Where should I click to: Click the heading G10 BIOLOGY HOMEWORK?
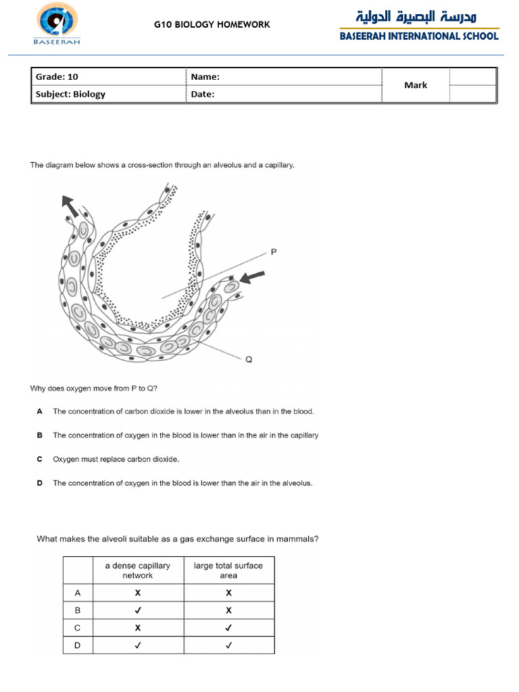pos(212,24)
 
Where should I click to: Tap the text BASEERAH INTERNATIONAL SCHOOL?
pos(419,36)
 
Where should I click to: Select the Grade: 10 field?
pos(57,77)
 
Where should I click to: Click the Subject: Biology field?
pos(70,94)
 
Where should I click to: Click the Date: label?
pos(202,94)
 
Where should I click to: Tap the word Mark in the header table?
pos(416,85)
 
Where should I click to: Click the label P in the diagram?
pos(274,252)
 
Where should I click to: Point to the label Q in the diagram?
pos(249,360)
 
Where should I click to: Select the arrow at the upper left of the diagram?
pos(69,205)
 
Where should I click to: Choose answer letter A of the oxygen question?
pos(40,411)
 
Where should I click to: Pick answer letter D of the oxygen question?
pos(40,483)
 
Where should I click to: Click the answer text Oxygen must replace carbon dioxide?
pos(116,459)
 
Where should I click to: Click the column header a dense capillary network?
pos(138,570)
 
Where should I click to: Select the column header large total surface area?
pos(228,570)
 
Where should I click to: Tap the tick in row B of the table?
pos(138,610)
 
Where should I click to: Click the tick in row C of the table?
pos(228,628)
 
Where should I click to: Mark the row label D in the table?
pos(78,645)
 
